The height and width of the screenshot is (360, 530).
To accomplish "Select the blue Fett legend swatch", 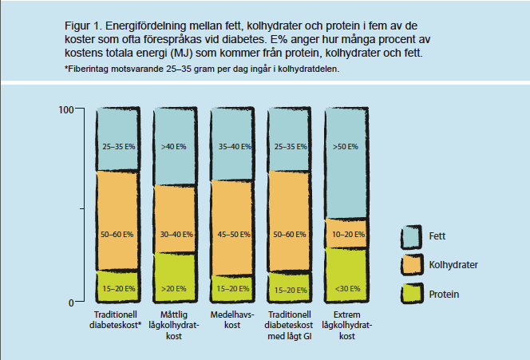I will [x=409, y=235].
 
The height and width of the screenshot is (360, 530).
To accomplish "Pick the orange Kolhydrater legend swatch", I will [x=409, y=264].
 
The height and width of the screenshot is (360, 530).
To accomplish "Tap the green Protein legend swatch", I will [x=409, y=294].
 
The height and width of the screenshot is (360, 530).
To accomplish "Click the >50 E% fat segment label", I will [x=345, y=148].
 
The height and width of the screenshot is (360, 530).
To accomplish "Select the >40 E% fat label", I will [x=173, y=148].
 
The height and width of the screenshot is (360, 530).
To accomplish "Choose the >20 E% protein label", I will [x=173, y=288].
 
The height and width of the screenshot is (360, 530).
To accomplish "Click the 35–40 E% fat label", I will [x=231, y=148].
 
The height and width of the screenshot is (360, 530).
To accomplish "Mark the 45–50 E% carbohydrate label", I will [x=231, y=235].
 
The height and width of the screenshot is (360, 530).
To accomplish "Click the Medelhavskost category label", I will [x=231, y=321].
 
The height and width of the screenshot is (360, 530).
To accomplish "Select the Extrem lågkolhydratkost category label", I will [x=345, y=326].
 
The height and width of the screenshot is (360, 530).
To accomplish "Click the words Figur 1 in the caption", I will [x=82, y=25].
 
